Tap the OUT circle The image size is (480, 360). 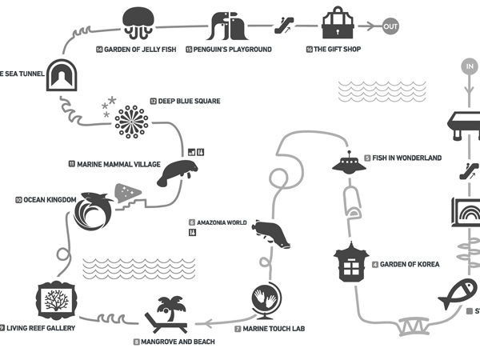(x=390, y=26)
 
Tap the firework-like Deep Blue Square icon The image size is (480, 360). (x=131, y=122)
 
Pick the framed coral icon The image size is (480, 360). (x=55, y=302)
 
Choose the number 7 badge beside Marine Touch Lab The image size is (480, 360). (x=238, y=329)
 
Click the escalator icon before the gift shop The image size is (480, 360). (x=282, y=25)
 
